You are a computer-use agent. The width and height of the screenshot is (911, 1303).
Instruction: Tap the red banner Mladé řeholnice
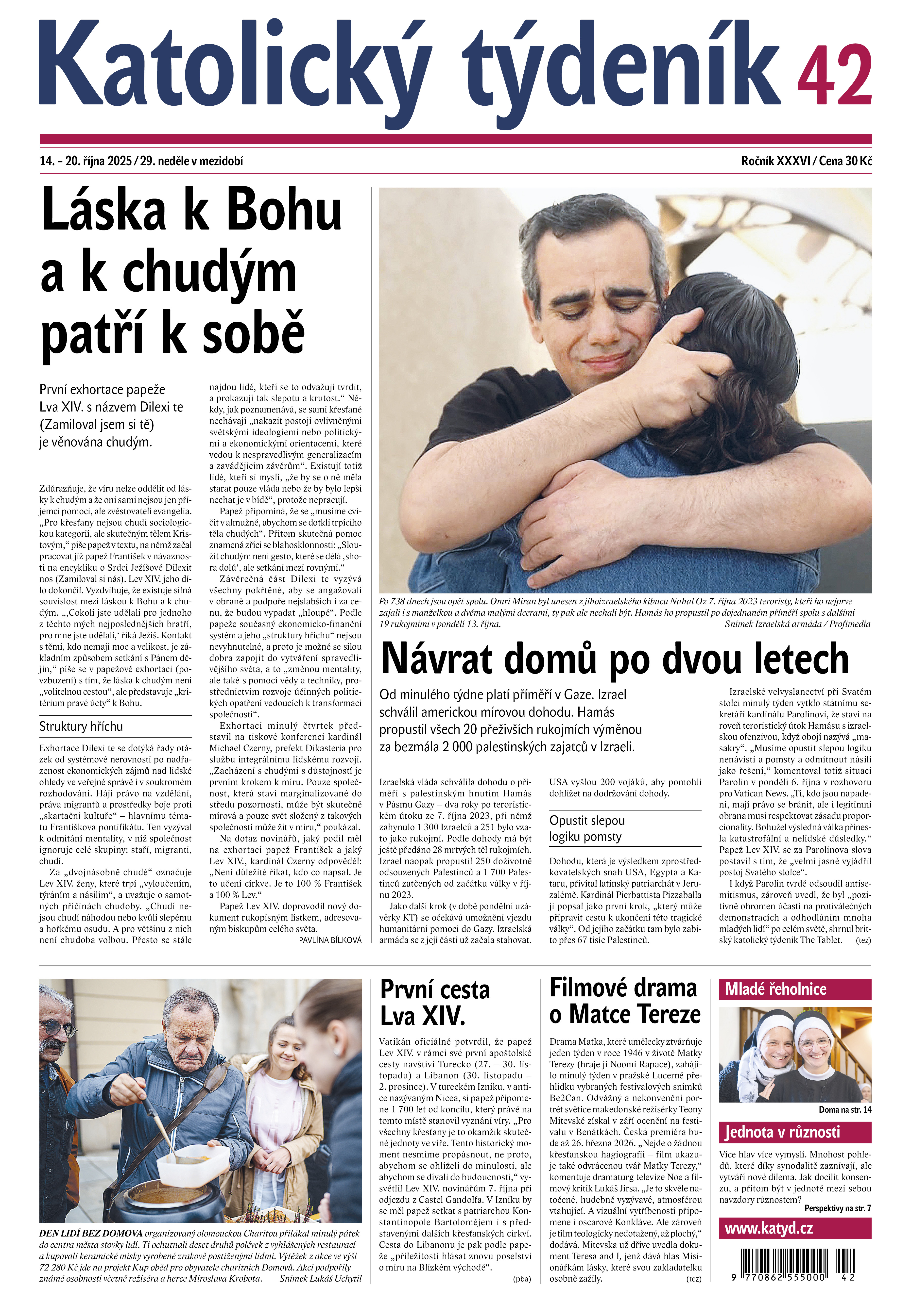795,990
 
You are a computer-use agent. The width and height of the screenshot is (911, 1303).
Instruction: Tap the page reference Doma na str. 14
844,1109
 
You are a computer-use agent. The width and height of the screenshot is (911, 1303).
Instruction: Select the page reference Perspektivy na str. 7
837,1208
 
